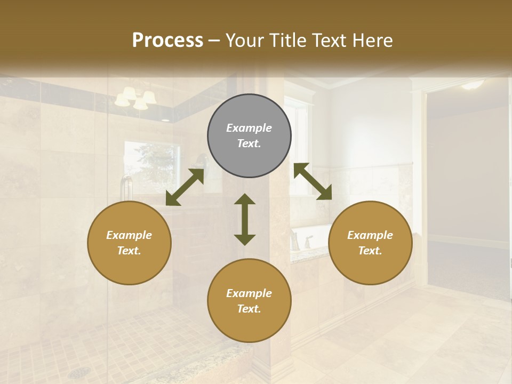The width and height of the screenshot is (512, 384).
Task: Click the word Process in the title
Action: pos(167,41)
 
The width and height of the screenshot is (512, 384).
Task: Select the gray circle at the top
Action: pos(249,136)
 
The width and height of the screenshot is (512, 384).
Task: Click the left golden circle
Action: pos(129,243)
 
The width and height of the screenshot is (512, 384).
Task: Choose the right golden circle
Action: pos(370,243)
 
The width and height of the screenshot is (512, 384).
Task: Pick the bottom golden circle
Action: pos(249,301)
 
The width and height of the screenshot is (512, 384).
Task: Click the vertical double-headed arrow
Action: pos(245,219)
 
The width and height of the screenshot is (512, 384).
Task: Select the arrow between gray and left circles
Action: pos(185,187)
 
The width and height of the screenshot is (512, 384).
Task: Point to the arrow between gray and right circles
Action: pos(313,181)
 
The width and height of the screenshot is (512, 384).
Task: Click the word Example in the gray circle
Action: pos(249,128)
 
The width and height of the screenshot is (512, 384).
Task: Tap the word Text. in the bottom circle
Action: pos(249,309)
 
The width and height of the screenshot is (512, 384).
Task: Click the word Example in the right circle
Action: pos(370,235)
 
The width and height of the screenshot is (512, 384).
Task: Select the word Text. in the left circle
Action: pos(129,251)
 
